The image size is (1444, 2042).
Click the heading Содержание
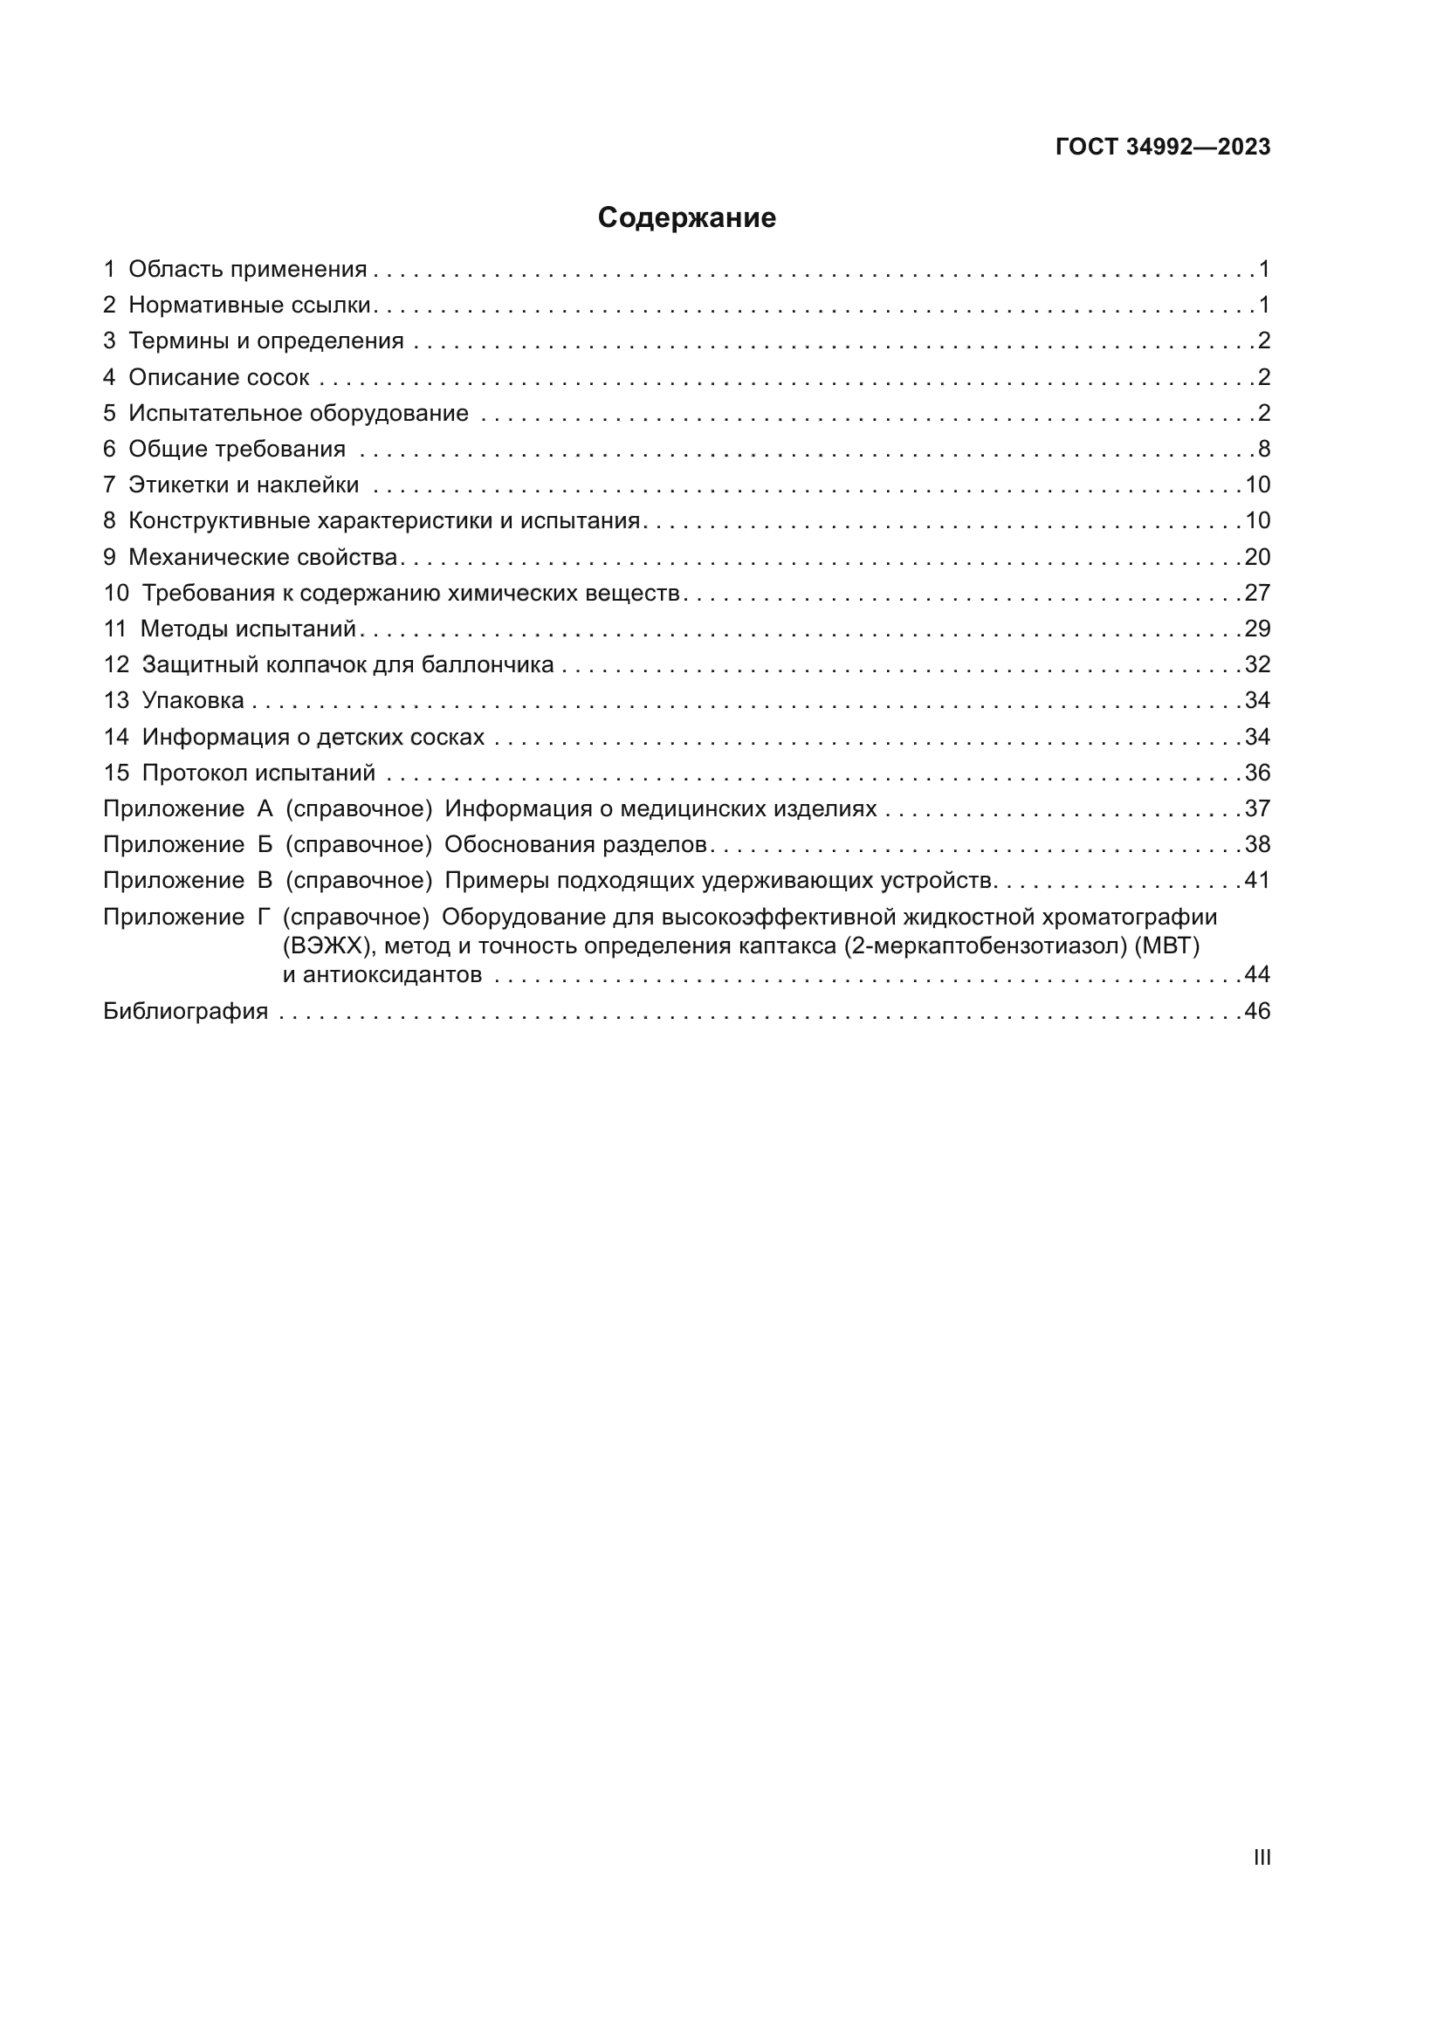(686, 218)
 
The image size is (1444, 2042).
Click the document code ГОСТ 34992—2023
(1162, 148)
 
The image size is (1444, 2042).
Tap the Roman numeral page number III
(1261, 1857)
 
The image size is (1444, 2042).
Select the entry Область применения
(247, 270)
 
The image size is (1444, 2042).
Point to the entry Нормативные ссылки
(249, 305)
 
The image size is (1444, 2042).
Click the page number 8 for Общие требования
(1263, 449)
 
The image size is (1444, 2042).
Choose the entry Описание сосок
(219, 377)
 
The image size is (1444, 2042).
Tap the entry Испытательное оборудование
(298, 414)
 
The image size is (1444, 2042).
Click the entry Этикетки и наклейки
(244, 485)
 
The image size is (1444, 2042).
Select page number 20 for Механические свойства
(1257, 557)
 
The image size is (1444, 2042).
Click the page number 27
(1257, 593)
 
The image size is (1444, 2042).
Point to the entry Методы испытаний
(248, 629)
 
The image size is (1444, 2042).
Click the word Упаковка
(193, 701)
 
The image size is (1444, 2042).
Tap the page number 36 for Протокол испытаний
(1257, 773)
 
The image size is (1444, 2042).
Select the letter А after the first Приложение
(265, 808)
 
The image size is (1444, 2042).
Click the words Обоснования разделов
(575, 844)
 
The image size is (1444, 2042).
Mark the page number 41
(1257, 881)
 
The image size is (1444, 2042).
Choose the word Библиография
(186, 1011)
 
